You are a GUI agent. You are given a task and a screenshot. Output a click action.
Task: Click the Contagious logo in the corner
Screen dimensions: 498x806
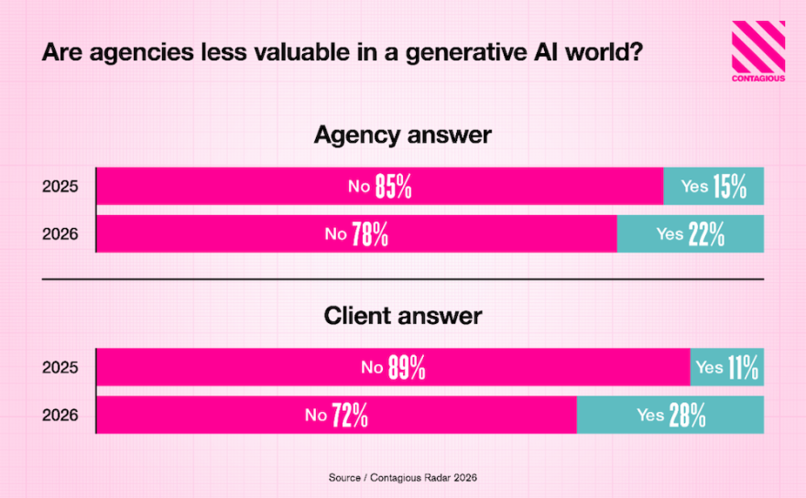[x=757, y=51]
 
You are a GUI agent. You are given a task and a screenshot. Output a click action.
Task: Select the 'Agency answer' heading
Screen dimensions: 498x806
[x=402, y=135]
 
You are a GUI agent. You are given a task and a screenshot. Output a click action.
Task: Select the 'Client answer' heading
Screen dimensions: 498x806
[x=402, y=316]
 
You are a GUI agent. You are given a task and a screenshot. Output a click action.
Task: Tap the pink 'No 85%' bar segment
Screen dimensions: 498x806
[x=379, y=187]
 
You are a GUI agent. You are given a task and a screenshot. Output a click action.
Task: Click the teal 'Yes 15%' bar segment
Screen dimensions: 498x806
[x=713, y=187]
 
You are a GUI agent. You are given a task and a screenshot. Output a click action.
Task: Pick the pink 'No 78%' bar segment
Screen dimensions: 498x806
[x=356, y=234]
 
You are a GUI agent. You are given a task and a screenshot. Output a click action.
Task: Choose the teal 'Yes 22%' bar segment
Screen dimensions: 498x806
[x=691, y=234]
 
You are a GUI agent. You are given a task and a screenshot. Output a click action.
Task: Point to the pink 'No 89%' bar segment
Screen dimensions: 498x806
[x=393, y=367]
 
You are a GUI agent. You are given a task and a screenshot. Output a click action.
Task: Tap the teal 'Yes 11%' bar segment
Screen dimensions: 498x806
[x=726, y=367]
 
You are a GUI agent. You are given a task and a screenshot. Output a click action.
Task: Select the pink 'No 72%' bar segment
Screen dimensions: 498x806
[x=336, y=415]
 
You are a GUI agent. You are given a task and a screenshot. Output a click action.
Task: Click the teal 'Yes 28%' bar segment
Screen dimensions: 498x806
[x=670, y=415]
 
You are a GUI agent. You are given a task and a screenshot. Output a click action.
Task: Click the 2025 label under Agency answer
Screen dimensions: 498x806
[x=60, y=187]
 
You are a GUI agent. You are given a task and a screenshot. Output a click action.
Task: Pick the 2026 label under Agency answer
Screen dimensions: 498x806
[x=60, y=234]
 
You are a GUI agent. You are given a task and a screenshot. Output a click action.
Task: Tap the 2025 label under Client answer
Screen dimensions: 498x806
[x=60, y=367]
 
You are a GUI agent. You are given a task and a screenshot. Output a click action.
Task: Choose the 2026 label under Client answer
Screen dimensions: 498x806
[x=60, y=415]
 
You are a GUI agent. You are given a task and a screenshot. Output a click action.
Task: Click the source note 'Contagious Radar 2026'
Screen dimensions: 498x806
[x=403, y=477]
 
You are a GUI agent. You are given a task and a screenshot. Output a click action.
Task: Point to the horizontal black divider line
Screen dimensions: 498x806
[x=402, y=278]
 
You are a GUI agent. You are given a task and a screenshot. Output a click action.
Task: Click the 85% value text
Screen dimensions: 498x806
[x=393, y=188]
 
